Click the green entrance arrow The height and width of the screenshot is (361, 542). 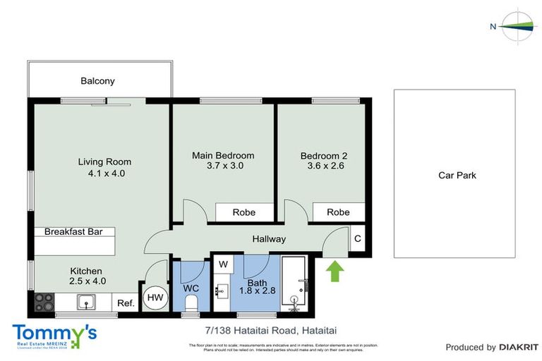click(x=335, y=271)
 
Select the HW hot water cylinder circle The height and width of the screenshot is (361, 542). click(x=155, y=298)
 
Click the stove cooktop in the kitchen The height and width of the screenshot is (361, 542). click(x=44, y=302)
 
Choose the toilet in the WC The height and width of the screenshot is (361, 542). click(x=191, y=302)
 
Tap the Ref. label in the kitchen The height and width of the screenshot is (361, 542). click(x=126, y=303)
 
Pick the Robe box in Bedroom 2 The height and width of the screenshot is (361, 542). click(x=338, y=212)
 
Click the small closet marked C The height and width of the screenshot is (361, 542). click(x=358, y=238)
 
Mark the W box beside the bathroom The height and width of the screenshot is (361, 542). click(x=223, y=264)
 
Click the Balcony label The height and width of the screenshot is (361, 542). click(x=97, y=81)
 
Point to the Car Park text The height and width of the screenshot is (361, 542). click(x=457, y=175)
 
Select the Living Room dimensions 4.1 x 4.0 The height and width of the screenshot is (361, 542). click(x=104, y=173)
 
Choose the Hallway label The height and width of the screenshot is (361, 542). click(x=269, y=239)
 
